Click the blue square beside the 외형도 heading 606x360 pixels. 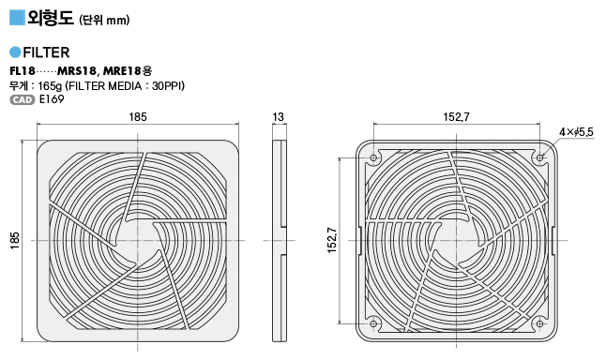tap(17, 18)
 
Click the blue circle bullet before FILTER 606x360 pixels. tap(15, 52)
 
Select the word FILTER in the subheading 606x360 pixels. tap(46, 52)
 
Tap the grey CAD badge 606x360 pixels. tap(23, 99)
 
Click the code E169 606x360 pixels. tap(52, 99)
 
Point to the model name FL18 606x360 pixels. tap(23, 71)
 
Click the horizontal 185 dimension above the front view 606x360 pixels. tap(138, 116)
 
